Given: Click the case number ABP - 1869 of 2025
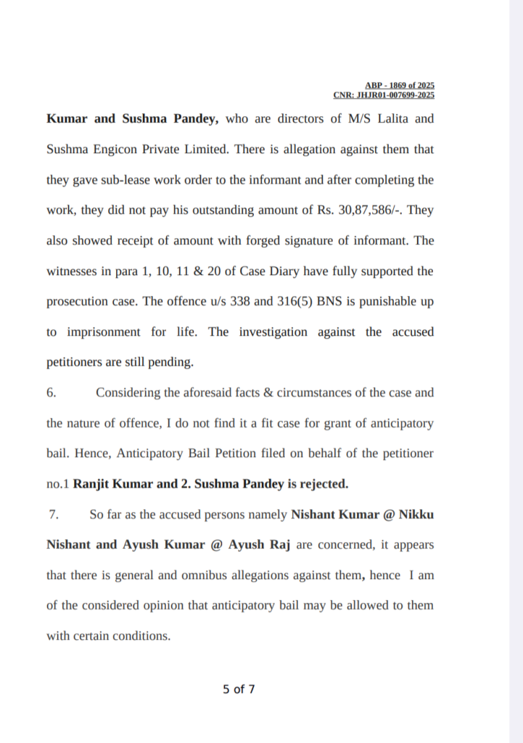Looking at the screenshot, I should (x=400, y=86).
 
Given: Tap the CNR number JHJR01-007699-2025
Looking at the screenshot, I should (x=384, y=95).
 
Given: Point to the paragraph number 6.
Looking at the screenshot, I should (x=52, y=393).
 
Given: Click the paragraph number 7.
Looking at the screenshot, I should (x=53, y=514).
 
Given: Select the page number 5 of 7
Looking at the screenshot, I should (x=239, y=689).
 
